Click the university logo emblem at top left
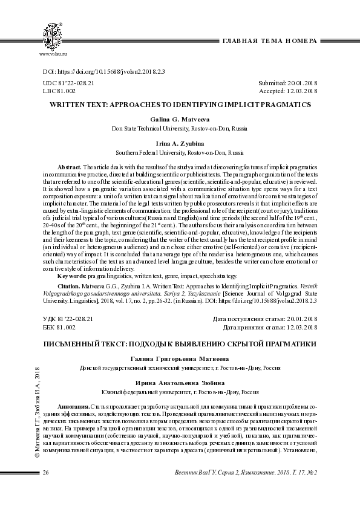point(53,35)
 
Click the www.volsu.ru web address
point(53,54)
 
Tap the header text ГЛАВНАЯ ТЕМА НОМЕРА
point(270,41)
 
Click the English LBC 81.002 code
point(59,91)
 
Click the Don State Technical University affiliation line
point(180,129)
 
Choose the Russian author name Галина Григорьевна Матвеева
point(180,358)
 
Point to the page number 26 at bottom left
point(46,488)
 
